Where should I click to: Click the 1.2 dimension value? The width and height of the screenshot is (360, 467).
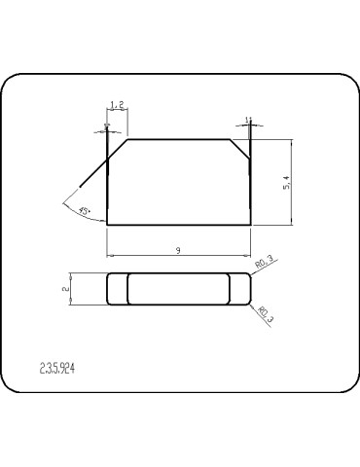point(116,103)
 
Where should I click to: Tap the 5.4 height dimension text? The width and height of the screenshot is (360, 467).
point(283,182)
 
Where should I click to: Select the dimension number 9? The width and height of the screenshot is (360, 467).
point(179,250)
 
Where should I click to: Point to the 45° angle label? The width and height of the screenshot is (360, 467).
point(85,210)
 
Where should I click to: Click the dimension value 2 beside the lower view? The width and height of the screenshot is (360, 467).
point(64,289)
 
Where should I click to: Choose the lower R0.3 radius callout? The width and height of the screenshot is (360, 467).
point(264,313)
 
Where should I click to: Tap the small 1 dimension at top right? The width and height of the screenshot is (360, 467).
point(249,120)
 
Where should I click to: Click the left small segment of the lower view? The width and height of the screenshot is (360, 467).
point(116,289)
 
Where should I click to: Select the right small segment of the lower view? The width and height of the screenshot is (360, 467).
point(239,289)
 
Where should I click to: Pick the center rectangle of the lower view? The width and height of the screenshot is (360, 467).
point(178,289)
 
